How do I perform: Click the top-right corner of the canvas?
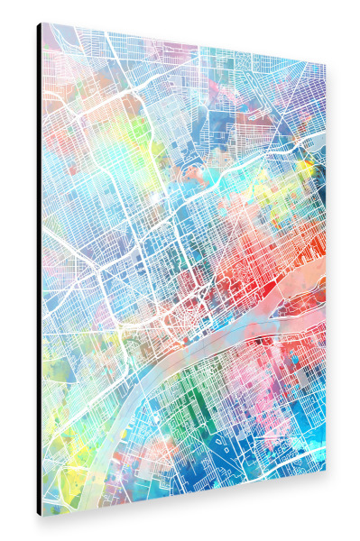pos(326,64)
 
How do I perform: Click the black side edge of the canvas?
pos(39,270)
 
